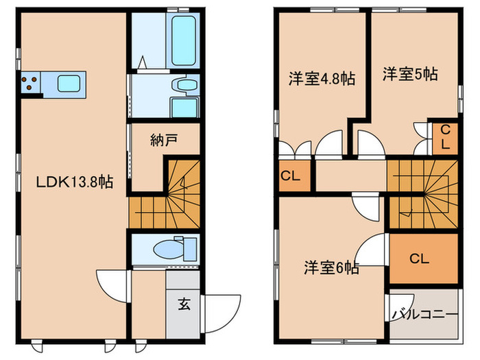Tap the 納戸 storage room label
165,141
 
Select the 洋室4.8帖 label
320,79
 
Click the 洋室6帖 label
332,267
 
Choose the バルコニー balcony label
424,315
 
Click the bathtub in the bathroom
184,40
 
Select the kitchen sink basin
71,84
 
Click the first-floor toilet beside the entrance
169,248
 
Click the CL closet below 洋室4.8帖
294,176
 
